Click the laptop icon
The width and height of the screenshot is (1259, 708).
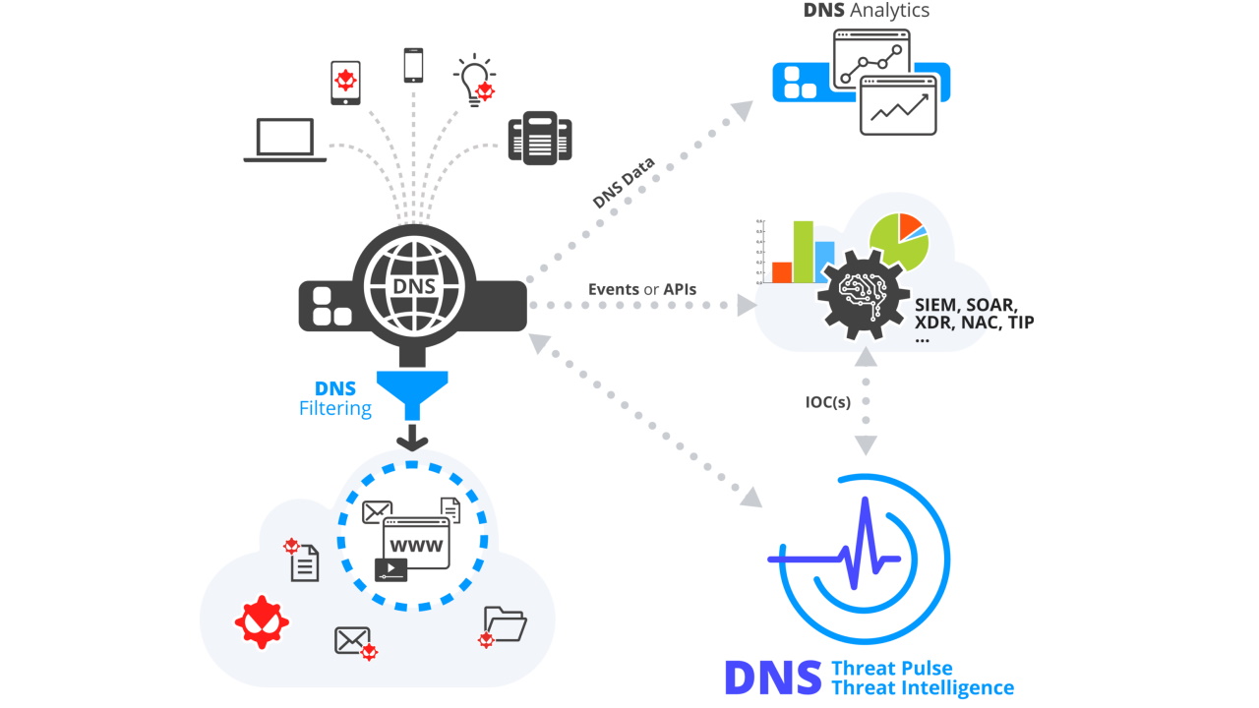285,140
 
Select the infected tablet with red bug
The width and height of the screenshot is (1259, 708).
345,82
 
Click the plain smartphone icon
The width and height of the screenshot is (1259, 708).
413,65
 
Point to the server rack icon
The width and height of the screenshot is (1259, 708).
540,138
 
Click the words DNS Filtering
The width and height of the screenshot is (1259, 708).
335,398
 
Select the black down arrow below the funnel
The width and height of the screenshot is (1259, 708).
412,436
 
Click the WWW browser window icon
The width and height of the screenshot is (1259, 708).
416,543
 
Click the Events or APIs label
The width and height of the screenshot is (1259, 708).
641,289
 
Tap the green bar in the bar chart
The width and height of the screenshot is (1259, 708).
804,252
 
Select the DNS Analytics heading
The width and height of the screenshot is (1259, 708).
866,12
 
